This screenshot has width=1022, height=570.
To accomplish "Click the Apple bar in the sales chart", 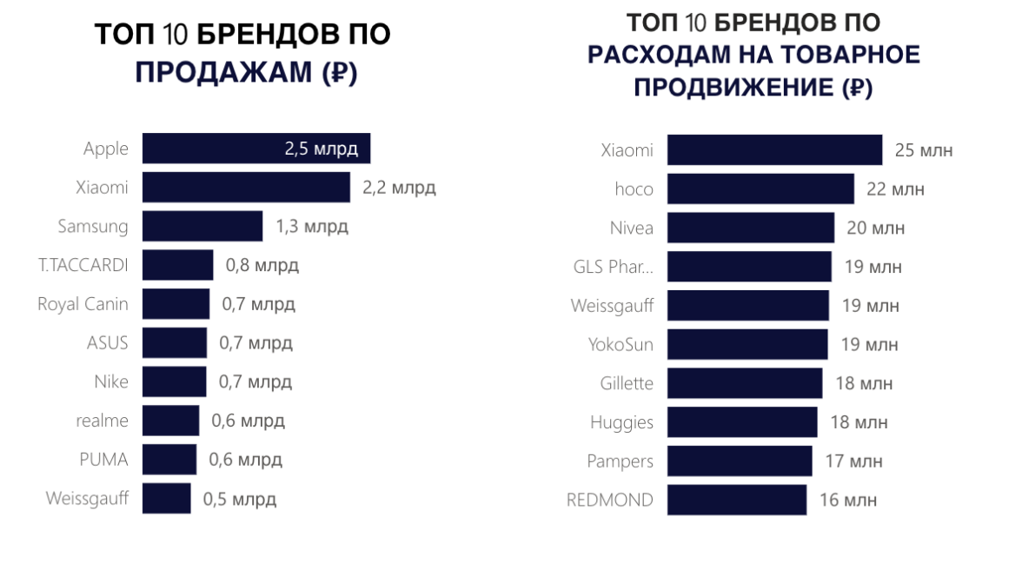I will point(255,149).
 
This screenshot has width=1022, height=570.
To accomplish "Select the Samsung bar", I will point(202,226).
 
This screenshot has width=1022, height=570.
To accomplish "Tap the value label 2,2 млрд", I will point(399,188).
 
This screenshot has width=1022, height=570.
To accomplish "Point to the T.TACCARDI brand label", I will point(83,265).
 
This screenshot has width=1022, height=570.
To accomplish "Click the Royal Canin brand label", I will point(83,304).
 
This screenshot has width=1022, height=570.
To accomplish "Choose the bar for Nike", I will point(174,381).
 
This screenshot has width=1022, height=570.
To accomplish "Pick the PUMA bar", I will point(169,460).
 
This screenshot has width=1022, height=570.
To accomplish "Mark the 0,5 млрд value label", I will point(240,499).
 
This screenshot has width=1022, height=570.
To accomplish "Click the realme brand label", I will point(102,421).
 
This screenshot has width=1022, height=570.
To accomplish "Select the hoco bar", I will point(760,189).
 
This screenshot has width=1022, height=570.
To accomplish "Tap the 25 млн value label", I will point(924,150).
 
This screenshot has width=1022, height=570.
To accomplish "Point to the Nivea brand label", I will point(632,229).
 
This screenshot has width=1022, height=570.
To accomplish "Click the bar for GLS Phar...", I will point(749,267).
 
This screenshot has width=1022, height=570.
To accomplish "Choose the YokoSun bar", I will point(747,344).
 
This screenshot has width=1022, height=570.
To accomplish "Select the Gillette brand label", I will point(627,383).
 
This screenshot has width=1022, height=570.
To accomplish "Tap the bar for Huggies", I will point(742,422).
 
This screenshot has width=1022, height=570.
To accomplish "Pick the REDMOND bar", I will point(737,500).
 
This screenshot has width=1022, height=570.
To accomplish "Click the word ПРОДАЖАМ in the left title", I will point(222,73).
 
